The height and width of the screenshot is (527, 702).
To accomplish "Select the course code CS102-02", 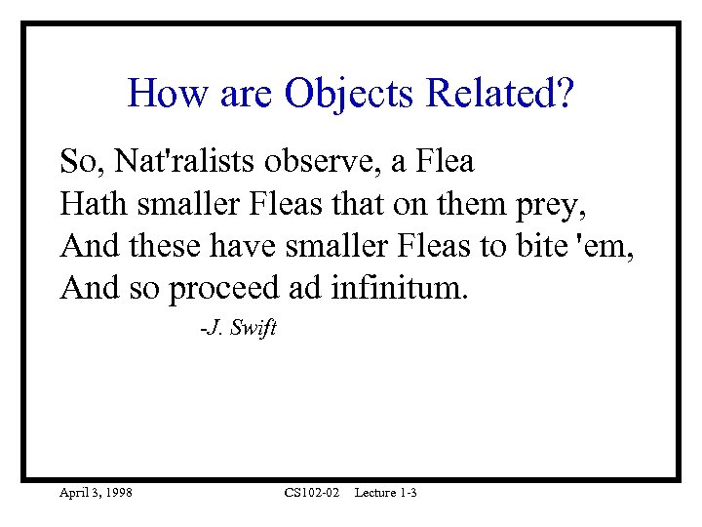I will pos(312,493).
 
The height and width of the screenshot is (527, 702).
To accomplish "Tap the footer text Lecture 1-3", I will pos(386,493).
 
